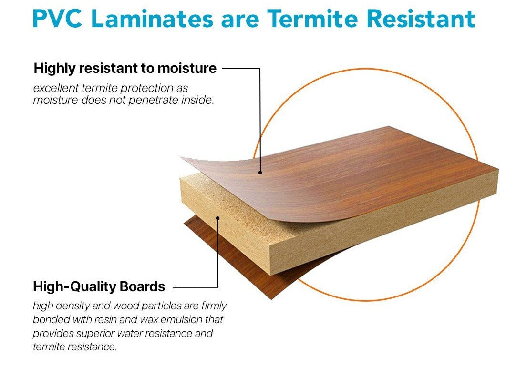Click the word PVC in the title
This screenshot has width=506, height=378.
pos(57,19)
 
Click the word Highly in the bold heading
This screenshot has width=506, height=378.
pos(55,69)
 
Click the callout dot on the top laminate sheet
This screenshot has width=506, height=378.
pos(260,173)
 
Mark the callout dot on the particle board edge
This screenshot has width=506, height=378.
pos(218,218)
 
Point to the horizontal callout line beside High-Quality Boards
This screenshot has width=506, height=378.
pos(196,287)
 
